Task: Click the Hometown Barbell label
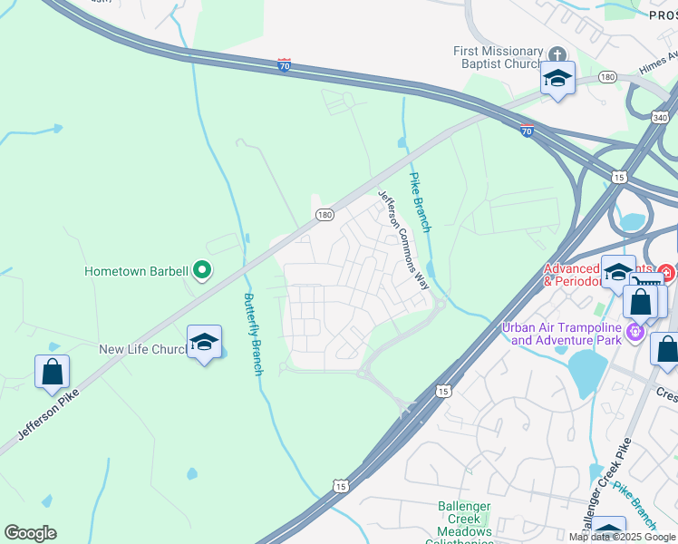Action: [x=136, y=270]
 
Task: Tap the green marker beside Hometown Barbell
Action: [x=203, y=270]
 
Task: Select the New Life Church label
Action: [x=142, y=349]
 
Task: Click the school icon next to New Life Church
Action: [x=204, y=342]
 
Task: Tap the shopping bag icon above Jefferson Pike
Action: [x=52, y=371]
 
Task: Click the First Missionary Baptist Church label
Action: [x=498, y=58]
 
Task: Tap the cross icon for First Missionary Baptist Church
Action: [x=554, y=52]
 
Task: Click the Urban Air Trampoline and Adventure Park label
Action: [x=566, y=334]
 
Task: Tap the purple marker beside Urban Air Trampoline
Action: [x=635, y=334]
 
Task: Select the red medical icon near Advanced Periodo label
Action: [x=666, y=271]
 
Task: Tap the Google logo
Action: [x=30, y=533]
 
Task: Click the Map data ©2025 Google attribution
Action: [x=623, y=538]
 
